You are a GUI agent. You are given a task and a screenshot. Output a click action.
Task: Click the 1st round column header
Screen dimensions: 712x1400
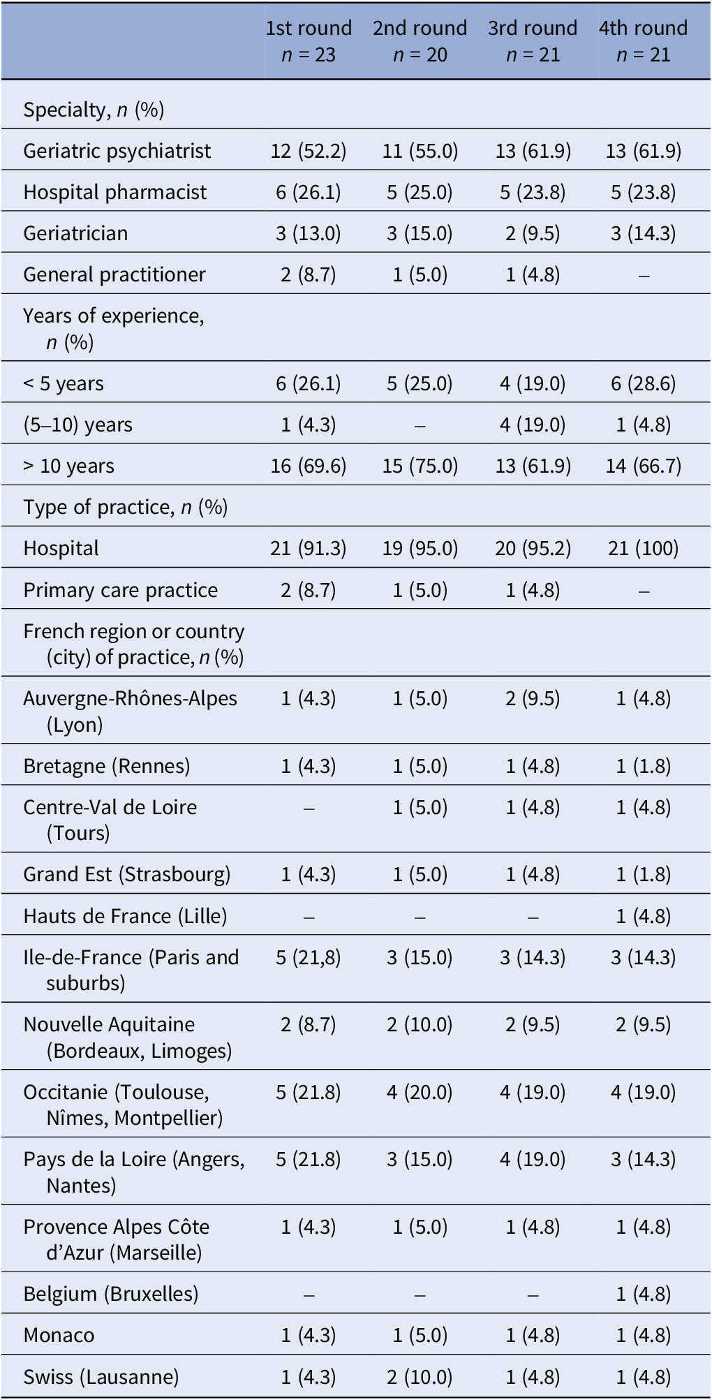[x=309, y=40]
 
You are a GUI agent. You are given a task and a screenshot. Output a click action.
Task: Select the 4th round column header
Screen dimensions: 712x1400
[x=643, y=40]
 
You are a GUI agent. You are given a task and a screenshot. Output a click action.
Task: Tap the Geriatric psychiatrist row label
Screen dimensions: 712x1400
[x=117, y=151]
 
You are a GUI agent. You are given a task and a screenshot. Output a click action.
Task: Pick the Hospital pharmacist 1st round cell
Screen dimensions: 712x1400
[x=309, y=192]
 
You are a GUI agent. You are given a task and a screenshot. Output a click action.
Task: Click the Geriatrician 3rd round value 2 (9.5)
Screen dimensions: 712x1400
[x=533, y=233]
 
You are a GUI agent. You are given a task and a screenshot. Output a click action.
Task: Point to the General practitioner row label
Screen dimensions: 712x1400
[x=114, y=274]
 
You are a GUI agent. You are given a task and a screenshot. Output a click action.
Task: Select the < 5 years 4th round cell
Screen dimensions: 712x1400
[x=643, y=383]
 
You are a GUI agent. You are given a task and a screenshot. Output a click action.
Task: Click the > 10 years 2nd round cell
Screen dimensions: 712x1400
[x=420, y=466]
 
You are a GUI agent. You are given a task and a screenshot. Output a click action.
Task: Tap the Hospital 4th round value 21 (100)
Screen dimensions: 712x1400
[x=643, y=548]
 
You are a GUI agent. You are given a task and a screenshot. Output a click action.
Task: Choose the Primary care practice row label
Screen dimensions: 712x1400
[x=120, y=590]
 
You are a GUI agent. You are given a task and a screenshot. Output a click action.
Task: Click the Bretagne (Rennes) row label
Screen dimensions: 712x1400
[x=106, y=766]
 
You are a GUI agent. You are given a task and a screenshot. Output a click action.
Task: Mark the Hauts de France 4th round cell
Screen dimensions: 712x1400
[x=643, y=915]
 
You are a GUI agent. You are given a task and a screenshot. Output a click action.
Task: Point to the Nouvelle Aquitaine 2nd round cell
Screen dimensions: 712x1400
[x=420, y=1024]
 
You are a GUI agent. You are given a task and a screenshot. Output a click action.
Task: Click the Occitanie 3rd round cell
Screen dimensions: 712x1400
[x=533, y=1092]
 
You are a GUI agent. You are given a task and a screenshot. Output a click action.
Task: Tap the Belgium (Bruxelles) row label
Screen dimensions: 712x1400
[x=110, y=1294]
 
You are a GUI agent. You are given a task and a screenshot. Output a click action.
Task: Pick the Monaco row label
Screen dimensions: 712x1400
[x=59, y=1335]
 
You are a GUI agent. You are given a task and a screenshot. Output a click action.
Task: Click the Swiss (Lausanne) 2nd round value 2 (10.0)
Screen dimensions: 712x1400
[x=420, y=1376]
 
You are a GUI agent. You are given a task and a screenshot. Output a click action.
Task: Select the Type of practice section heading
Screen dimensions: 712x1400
[x=126, y=507]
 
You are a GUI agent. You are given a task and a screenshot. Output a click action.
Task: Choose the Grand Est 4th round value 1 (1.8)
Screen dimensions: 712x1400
[x=643, y=874]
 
